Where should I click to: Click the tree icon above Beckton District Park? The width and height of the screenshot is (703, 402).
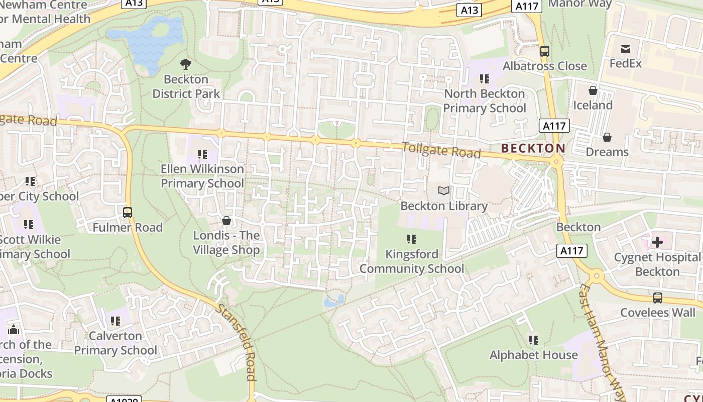coord(186,64)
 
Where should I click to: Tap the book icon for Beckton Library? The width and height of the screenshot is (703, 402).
coord(444,191)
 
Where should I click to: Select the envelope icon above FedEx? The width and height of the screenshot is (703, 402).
coord(626,49)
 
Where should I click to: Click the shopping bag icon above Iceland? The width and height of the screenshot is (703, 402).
coord(593,90)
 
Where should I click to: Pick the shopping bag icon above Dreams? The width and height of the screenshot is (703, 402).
coord(607,137)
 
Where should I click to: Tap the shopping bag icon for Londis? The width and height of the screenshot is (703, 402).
coord(226,221)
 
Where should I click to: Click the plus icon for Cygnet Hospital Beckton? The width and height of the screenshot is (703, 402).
coord(657,243)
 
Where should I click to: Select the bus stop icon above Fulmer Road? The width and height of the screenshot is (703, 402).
coord(128,213)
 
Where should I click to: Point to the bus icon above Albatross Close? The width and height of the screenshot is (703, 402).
coord(545,51)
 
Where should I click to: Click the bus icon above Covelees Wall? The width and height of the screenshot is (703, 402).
coord(658,298)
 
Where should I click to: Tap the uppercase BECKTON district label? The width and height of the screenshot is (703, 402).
coord(533,148)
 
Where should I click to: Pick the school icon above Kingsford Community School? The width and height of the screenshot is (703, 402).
coord(412,239)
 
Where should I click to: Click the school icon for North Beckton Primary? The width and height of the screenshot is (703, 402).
coord(485,79)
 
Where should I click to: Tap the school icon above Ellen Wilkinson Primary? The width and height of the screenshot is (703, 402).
coord(202,154)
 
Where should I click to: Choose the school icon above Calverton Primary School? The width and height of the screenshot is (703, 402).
coord(115,321)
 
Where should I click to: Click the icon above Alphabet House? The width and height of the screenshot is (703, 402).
coord(534,340)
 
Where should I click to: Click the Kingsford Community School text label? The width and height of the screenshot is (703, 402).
coord(412,261)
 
